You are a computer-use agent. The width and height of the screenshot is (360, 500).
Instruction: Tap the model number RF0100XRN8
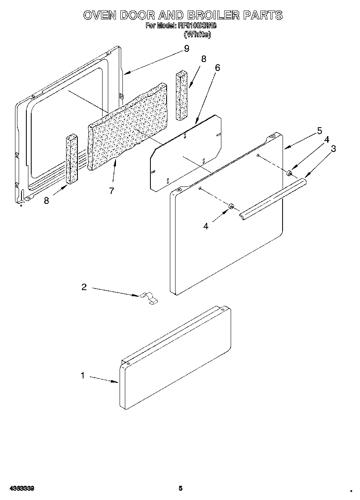197,26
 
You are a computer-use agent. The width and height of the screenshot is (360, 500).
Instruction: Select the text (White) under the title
197,34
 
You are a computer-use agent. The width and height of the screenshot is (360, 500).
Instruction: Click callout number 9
186,49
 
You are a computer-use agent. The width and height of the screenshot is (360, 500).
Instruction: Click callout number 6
217,68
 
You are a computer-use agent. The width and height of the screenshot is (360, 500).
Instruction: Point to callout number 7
111,190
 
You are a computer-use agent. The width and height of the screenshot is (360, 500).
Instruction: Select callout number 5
319,130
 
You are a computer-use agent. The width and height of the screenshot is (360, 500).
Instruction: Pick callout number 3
333,149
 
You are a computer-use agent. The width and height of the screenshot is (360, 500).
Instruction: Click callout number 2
84,287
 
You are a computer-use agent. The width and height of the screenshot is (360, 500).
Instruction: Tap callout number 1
83,376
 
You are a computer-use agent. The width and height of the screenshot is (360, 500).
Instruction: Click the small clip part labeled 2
149,298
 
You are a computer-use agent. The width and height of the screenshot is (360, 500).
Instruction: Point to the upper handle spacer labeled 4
289,173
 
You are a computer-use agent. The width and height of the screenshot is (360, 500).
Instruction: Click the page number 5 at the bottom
180,488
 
